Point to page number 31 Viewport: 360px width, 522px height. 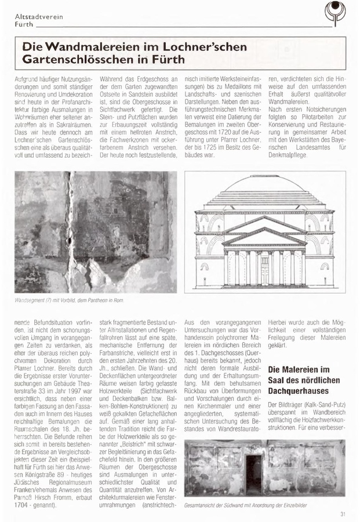[343, 513]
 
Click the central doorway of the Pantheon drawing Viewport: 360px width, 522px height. [264, 273]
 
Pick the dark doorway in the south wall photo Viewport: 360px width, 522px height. [253, 474]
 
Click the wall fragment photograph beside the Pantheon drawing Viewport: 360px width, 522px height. [96, 232]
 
